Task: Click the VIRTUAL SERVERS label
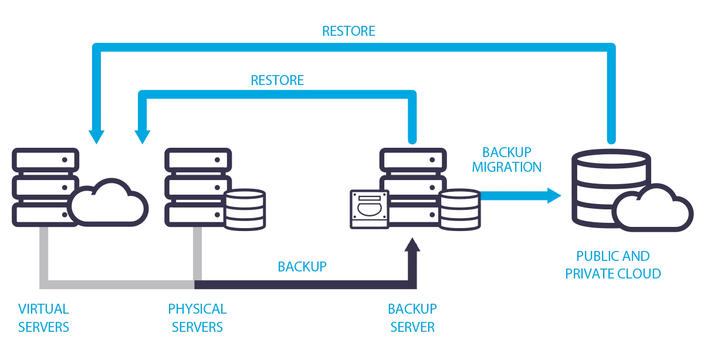44,317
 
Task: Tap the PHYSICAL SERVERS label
197,317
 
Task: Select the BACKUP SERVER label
412,317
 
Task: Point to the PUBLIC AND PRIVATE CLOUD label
613,264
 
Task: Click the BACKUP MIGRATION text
506,159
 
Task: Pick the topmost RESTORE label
348,30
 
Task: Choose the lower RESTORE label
277,80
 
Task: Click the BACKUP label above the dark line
302,267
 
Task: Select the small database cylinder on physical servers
245,209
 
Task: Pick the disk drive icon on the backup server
369,208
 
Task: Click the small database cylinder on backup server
460,209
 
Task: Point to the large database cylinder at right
601,185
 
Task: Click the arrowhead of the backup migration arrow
554,195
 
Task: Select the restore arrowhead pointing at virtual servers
96,137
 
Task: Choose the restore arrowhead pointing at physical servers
142,137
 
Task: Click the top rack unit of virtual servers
45,159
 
